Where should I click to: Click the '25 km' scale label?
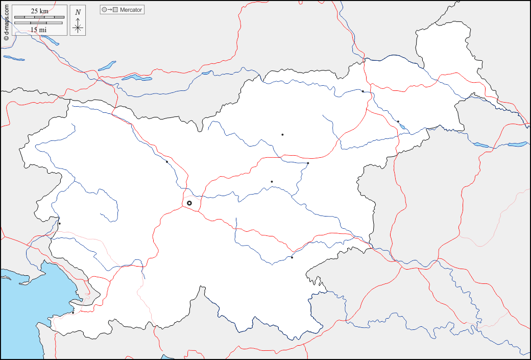pos(39,11)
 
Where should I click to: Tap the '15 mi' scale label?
pos(38,30)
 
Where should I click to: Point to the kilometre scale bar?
pos(39,17)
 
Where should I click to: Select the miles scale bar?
pos(38,23)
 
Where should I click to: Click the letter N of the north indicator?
pos(78,12)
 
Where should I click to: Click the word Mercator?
pos(131,10)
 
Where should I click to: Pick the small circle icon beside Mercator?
pos(104,10)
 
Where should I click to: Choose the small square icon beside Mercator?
pos(116,10)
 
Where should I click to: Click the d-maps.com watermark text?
pos(6,20)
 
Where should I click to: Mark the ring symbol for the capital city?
pos(189,203)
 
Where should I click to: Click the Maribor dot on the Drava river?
pos(363,91)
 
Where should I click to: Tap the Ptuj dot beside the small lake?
pos(398,122)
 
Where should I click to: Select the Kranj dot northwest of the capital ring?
pos(167,162)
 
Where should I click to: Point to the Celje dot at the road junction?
pos(308,163)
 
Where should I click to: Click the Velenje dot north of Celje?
pos(282,135)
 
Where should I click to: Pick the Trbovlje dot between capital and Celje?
pos(272,182)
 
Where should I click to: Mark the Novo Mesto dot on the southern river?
pos(292,257)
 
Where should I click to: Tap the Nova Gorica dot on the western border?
pos(59,223)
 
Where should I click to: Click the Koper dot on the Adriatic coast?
pos(73,313)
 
